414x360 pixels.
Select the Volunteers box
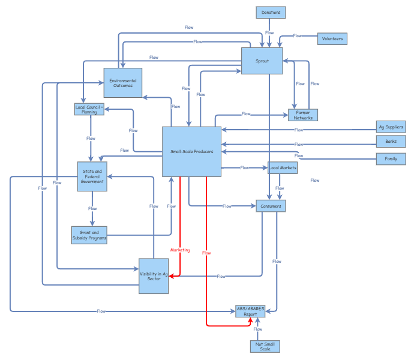click(332, 38)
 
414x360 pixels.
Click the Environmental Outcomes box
click(122, 83)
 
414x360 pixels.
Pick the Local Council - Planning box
click(89, 109)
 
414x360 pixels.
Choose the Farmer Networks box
click(303, 115)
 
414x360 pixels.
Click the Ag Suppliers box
click(391, 127)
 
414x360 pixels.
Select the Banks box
click(391, 142)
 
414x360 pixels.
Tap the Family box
click(391, 159)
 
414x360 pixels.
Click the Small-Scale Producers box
click(191, 152)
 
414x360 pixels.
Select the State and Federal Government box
click(92, 176)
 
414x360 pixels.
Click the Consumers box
click(270, 206)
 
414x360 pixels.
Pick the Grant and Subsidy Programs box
click(89, 235)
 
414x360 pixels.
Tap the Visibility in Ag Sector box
click(154, 276)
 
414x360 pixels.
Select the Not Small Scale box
click(265, 346)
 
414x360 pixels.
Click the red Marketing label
click(179, 250)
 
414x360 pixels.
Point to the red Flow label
click(206, 253)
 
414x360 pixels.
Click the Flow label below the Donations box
click(269, 33)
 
